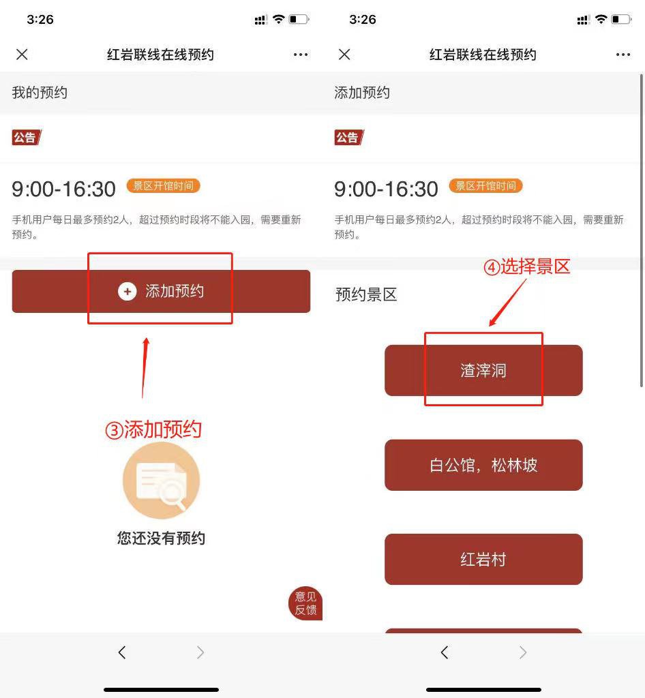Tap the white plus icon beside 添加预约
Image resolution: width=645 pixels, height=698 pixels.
point(127,292)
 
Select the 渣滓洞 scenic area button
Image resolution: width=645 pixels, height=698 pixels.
point(483,370)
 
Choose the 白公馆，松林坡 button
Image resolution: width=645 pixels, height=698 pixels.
point(483,465)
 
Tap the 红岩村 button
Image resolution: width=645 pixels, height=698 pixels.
point(483,559)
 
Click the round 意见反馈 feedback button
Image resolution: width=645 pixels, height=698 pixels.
point(305,603)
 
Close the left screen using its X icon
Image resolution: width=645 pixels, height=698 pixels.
point(22,55)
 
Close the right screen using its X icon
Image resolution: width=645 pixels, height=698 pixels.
point(344,55)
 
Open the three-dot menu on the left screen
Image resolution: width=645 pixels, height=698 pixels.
point(301,55)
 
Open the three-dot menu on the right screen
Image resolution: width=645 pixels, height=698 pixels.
point(622,55)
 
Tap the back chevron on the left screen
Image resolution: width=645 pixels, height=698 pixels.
point(122,652)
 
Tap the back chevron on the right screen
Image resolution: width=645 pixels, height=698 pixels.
point(445,652)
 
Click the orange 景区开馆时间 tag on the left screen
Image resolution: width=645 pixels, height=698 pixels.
point(164,185)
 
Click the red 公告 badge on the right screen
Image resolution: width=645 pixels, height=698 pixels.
point(348,138)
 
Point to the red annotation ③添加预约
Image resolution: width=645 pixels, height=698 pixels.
point(153,429)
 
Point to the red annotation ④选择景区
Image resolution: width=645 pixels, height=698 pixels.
point(527,267)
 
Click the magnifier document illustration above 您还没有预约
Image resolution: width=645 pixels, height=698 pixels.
point(161,481)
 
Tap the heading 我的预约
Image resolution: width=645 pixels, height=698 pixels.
point(40,93)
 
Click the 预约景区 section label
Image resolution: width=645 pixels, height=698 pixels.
point(366,294)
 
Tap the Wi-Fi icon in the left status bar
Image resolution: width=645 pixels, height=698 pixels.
point(279,19)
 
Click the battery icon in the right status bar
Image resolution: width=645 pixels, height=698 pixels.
point(621,19)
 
